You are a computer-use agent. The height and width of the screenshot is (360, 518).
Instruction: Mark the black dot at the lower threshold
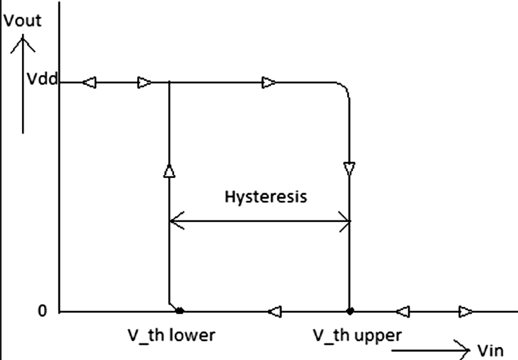point(179,311)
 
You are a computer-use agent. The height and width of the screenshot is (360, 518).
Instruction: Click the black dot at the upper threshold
point(349,311)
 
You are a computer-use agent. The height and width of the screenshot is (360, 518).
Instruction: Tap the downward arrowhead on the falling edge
point(349,168)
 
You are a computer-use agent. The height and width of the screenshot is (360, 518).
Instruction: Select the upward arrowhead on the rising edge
point(168,171)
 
